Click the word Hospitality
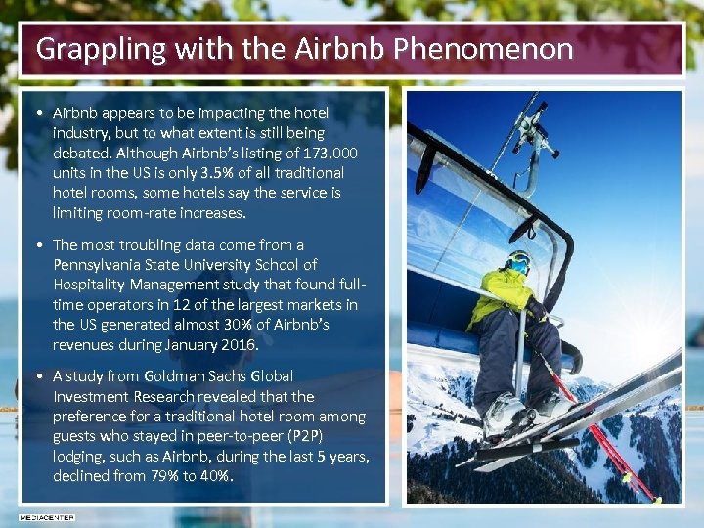91,285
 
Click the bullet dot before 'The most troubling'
36,245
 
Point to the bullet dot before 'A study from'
36,376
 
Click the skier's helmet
518,261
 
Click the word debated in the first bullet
82,153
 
